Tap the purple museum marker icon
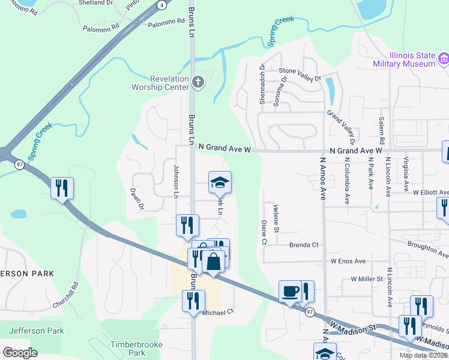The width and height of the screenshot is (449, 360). click(x=443, y=59)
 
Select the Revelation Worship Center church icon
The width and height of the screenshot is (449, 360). click(x=197, y=82)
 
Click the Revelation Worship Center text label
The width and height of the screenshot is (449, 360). click(x=160, y=82)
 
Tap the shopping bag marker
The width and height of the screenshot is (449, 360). click(x=213, y=262)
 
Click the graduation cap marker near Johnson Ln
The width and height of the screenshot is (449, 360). click(x=220, y=182)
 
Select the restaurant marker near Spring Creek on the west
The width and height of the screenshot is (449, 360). click(x=61, y=188)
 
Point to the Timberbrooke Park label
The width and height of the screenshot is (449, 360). click(x=128, y=349)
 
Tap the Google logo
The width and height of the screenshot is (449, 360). click(x=20, y=352)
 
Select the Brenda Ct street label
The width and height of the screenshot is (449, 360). click(x=304, y=245)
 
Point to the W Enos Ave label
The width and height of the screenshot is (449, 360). click(x=348, y=262)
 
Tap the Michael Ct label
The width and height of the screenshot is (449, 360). click(x=217, y=313)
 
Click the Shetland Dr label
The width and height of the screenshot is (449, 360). click(x=96, y=3)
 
